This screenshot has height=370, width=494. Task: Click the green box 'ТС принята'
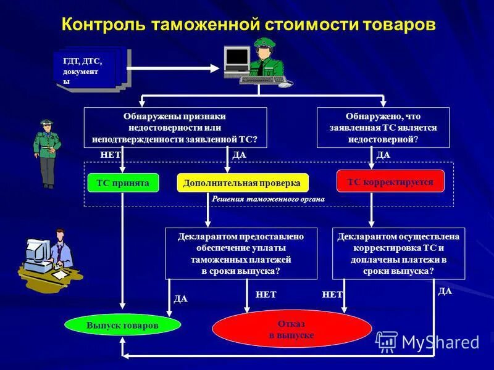point(123,183)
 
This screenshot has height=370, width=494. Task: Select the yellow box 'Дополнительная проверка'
point(242,183)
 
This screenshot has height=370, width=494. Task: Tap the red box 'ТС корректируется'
point(390,182)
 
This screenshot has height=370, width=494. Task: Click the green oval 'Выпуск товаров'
point(123,325)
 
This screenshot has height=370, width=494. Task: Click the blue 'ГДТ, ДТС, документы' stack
point(93,70)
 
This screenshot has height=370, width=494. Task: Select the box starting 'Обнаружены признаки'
point(175,128)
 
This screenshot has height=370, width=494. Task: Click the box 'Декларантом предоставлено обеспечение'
point(241,253)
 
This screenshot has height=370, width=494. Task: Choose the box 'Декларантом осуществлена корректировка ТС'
point(398,253)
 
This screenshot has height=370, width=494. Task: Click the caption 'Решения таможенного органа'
point(268,199)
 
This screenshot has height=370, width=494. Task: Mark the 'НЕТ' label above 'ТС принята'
point(110,155)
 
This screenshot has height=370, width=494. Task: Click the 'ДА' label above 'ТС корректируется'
point(383,155)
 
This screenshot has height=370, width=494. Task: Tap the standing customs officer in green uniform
point(47,153)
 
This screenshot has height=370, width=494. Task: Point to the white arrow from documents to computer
point(173,68)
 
